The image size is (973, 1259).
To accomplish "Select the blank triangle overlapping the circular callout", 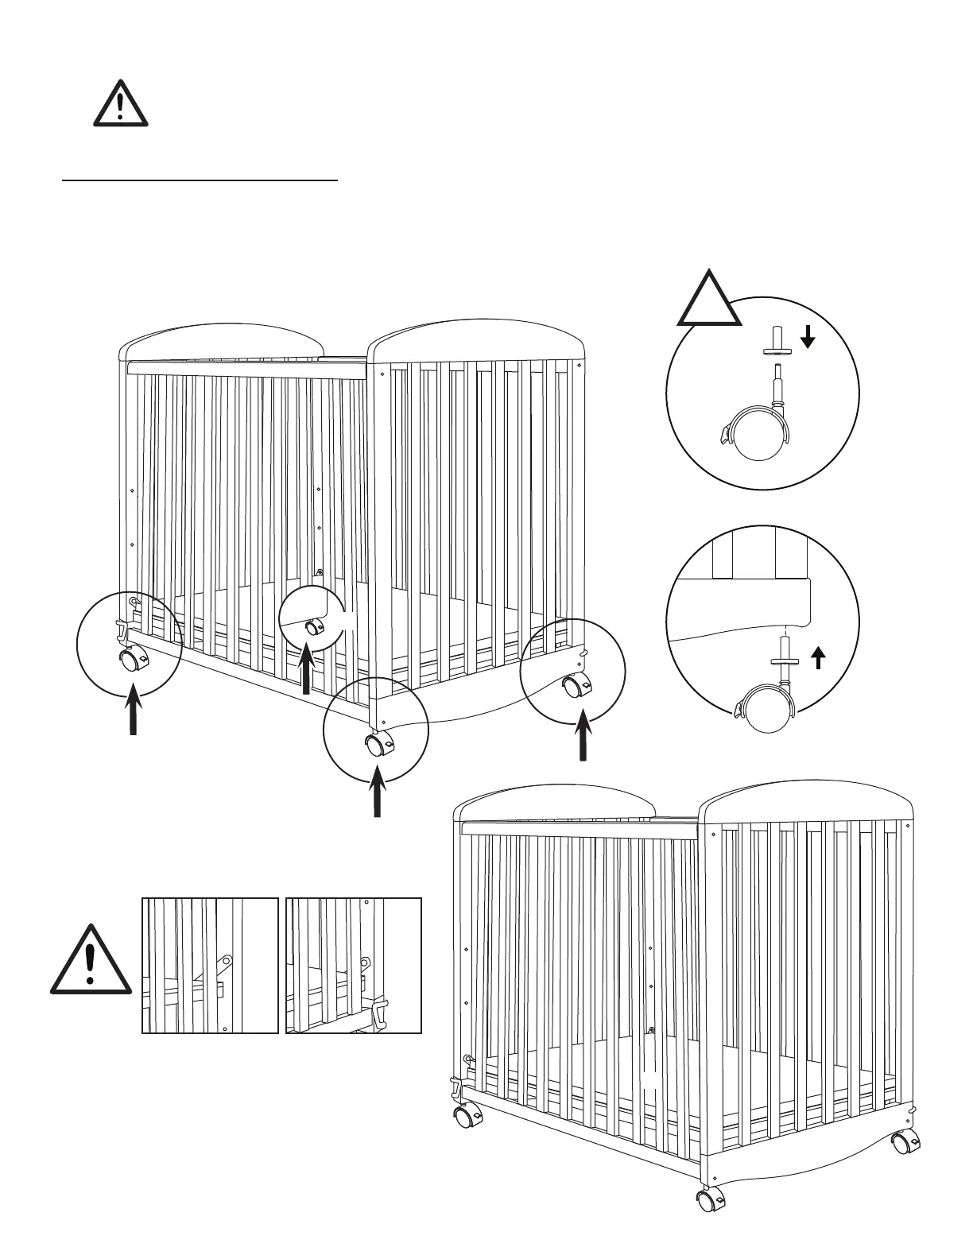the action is [708, 301].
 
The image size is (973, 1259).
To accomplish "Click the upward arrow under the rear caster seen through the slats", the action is [306, 670].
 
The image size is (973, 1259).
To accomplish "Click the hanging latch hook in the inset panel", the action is [380, 1013].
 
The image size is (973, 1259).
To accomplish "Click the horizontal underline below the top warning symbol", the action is [200, 180].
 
